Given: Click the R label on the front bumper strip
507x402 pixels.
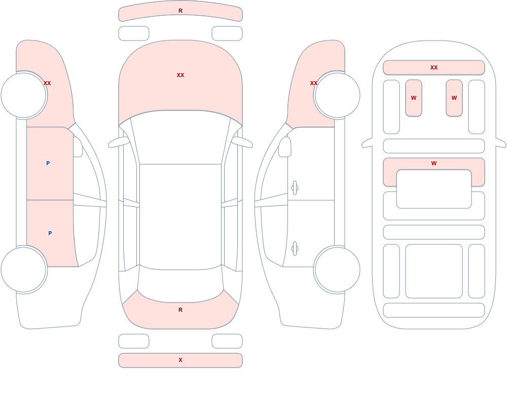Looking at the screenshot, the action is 180,11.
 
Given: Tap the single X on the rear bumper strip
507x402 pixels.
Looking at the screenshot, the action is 180,360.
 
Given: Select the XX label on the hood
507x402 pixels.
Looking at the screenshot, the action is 180,75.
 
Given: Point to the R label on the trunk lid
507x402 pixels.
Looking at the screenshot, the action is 180,310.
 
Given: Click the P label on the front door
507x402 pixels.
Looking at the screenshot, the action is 48,163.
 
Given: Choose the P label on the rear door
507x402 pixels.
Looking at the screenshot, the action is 50,233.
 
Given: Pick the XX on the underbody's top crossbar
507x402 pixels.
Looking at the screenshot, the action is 434,67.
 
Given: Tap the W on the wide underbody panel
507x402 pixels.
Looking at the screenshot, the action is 434,163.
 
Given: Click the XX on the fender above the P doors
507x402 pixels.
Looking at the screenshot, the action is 47,83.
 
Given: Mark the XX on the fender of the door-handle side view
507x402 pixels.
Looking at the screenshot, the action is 314,83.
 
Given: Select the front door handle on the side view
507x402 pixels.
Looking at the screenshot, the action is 295,188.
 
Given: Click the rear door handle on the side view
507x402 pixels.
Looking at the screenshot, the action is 295,249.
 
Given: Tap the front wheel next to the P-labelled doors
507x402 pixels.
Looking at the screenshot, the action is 24,95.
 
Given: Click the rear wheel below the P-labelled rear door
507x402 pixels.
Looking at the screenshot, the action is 24,269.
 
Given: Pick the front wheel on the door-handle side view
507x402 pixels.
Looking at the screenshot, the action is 337,95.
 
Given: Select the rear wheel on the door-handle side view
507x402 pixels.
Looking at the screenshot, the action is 337,269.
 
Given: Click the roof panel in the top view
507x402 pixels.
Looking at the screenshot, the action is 180,216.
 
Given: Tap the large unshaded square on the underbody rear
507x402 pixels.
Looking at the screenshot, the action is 434,271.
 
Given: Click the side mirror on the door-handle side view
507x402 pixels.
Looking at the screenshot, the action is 284,147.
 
